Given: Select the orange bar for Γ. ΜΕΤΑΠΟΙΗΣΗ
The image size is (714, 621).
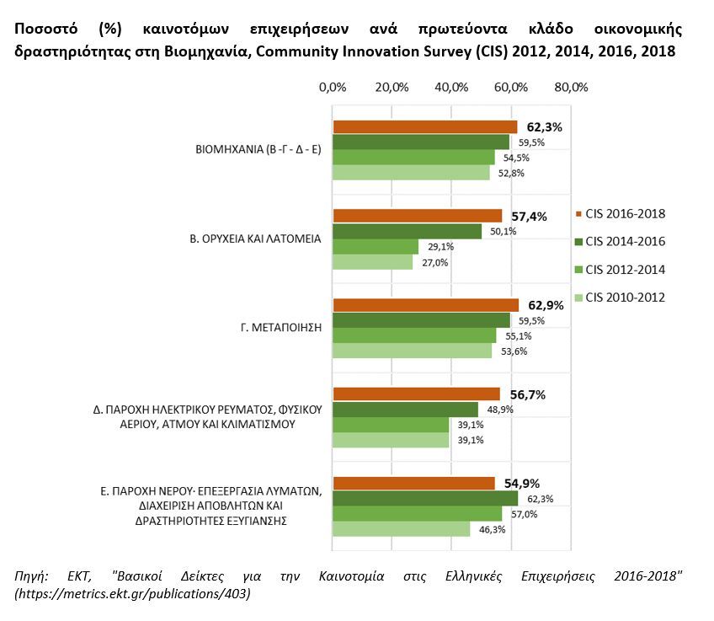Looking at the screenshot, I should click(x=425, y=305).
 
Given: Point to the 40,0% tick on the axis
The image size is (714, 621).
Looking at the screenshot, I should click(x=452, y=87).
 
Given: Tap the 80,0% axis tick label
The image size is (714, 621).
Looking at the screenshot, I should click(x=571, y=87).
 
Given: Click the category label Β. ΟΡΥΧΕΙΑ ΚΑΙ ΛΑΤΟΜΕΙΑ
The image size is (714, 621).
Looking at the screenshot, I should click(x=254, y=238).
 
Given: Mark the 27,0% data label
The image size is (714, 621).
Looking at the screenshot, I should click(x=434, y=262).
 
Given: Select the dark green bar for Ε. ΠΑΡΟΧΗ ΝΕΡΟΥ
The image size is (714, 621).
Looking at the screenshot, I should click(x=425, y=498).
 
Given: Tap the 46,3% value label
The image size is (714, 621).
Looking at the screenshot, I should click(x=492, y=529).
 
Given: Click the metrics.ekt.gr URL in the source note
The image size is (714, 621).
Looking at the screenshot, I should click(x=132, y=594).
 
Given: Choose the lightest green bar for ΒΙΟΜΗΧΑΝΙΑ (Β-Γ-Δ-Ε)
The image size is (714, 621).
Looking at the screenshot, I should click(x=411, y=173).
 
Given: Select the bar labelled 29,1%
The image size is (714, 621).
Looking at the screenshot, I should click(x=376, y=246).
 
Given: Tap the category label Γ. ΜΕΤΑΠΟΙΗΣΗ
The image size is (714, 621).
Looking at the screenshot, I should click(x=283, y=328).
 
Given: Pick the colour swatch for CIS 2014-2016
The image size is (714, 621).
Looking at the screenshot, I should click(x=577, y=242).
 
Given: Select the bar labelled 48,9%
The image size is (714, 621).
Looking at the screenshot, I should click(x=405, y=410).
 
